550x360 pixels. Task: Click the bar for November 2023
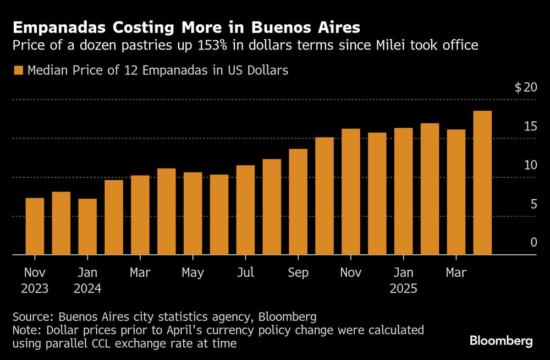(35, 226)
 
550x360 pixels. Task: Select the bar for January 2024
(87, 227)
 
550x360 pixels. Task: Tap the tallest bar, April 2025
(482, 183)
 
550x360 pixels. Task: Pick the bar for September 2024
(298, 202)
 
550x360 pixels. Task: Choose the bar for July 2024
(245, 210)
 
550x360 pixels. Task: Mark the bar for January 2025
(403, 192)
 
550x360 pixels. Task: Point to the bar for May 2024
(193, 214)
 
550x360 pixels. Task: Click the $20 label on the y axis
(525, 88)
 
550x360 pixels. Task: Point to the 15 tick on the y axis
(530, 127)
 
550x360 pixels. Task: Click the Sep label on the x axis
(298, 272)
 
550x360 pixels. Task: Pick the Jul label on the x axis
(245, 272)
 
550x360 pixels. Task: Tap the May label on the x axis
(193, 272)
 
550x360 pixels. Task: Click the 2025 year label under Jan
(403, 288)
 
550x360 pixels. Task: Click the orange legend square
(18, 70)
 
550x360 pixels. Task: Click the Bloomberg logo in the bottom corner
(501, 341)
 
